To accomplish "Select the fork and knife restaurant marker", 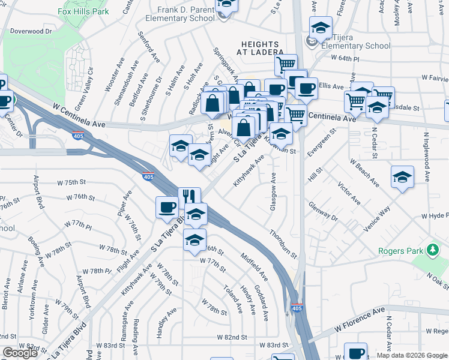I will [x=189, y=197].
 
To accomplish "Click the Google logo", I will [x=20, y=353].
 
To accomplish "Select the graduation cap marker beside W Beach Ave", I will [x=402, y=176].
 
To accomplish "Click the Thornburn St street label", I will [x=283, y=244].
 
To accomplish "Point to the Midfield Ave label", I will [x=254, y=266].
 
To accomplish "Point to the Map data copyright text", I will [x=412, y=355].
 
